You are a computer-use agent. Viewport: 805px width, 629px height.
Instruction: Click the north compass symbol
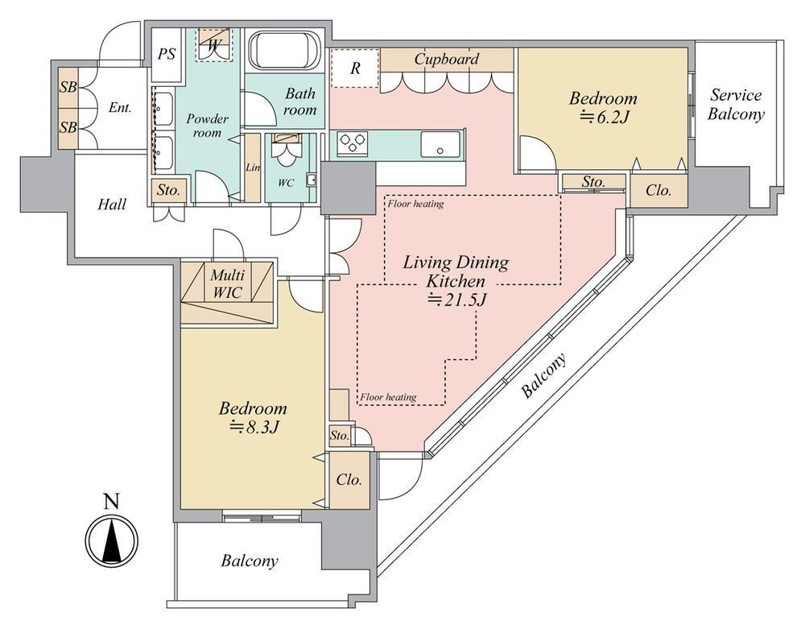pyautogui.click(x=112, y=540)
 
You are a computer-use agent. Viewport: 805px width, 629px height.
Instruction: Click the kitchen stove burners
pyautogui.click(x=353, y=144)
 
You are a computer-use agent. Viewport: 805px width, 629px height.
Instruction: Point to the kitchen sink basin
pyautogui.click(x=440, y=145)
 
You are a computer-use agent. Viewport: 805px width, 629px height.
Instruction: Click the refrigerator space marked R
pyautogui.click(x=354, y=68)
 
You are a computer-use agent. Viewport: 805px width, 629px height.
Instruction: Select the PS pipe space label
pyautogui.click(x=167, y=55)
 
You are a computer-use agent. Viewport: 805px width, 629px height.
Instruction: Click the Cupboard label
pyautogui.click(x=447, y=59)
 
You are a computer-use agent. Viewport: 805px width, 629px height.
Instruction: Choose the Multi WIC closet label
pyautogui.click(x=228, y=283)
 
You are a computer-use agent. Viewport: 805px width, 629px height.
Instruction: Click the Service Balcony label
pyautogui.click(x=736, y=105)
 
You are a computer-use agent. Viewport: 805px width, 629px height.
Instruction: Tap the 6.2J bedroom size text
pyautogui.click(x=603, y=118)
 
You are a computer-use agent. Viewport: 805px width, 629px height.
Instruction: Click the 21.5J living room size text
pyautogui.click(x=456, y=300)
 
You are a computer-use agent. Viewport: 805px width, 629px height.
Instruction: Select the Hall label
pyautogui.click(x=112, y=205)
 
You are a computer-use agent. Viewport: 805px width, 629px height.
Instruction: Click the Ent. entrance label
pyautogui.click(x=120, y=107)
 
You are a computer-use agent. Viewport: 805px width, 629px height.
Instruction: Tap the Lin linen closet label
pyautogui.click(x=251, y=167)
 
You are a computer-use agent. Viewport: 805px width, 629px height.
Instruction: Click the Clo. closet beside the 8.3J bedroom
pyautogui.click(x=349, y=479)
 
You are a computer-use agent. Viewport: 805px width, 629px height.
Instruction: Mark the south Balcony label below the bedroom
pyautogui.click(x=250, y=561)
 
